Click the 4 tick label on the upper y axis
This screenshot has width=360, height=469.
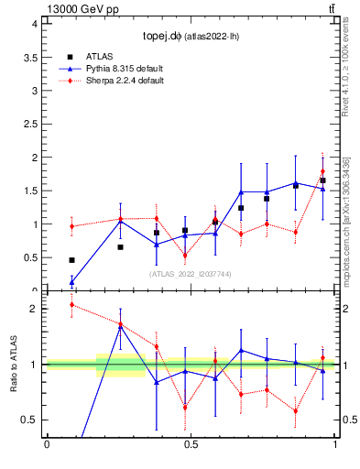click(34, 24)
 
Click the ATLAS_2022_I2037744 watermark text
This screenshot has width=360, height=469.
click(190, 274)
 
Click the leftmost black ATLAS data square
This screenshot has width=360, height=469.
click(71, 260)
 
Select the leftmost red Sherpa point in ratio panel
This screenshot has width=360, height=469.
click(71, 305)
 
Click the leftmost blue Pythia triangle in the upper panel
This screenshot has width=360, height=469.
click(71, 281)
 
